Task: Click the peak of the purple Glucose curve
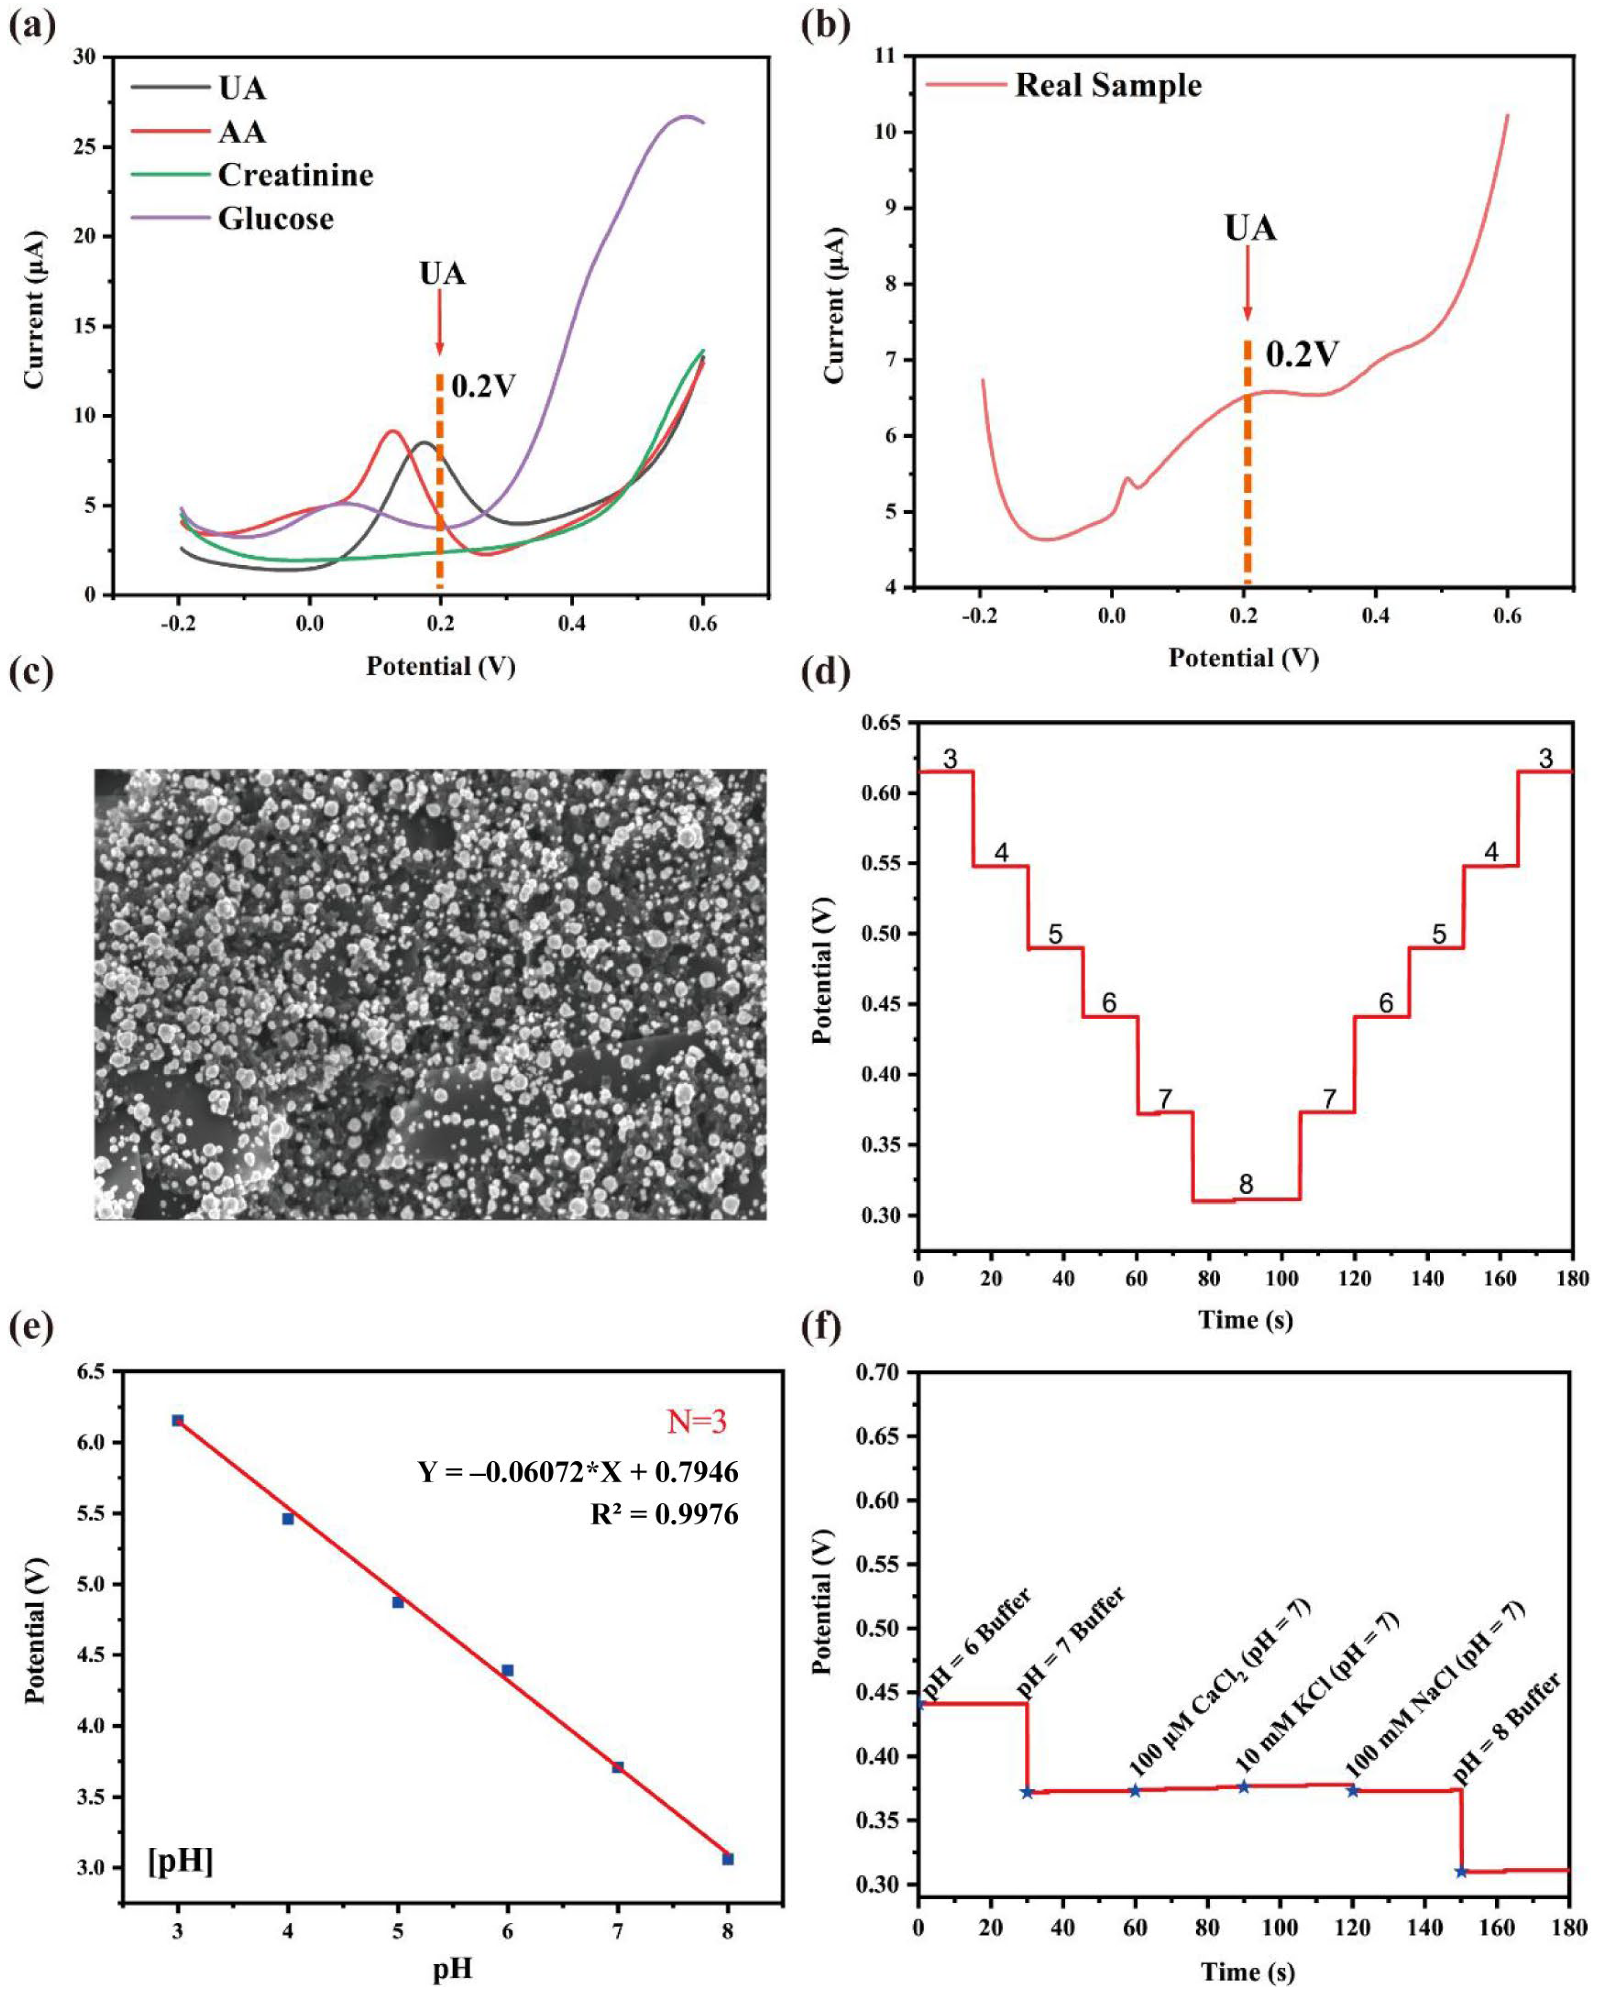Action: pyautogui.click(x=685, y=116)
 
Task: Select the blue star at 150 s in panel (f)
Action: pyautogui.click(x=1461, y=1871)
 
